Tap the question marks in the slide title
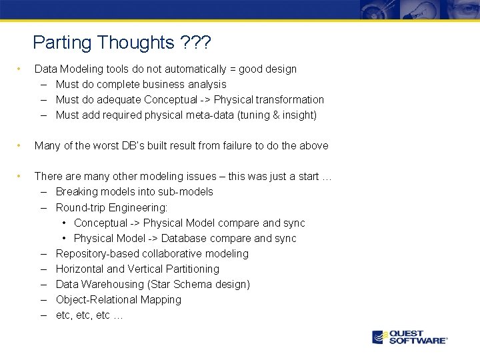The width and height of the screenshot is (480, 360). [195, 43]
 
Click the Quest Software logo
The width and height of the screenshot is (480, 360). [409, 337]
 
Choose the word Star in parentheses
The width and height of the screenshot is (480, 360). [163, 284]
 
